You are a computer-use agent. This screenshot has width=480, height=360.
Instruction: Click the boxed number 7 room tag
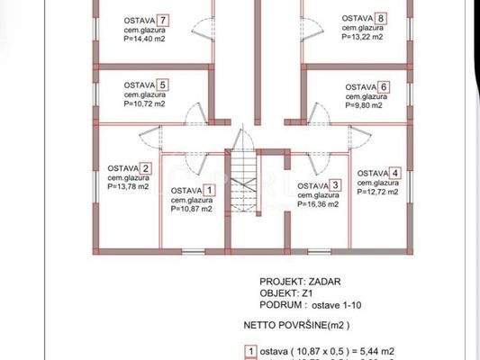point(162,19)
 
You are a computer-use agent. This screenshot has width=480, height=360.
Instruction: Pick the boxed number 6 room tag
point(384,87)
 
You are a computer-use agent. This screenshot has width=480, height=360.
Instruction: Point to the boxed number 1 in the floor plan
point(209,190)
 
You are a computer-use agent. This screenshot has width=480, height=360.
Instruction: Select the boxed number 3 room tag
point(335,184)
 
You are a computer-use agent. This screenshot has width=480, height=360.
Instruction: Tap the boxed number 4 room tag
point(394,173)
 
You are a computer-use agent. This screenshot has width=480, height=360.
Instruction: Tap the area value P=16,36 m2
point(318,204)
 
